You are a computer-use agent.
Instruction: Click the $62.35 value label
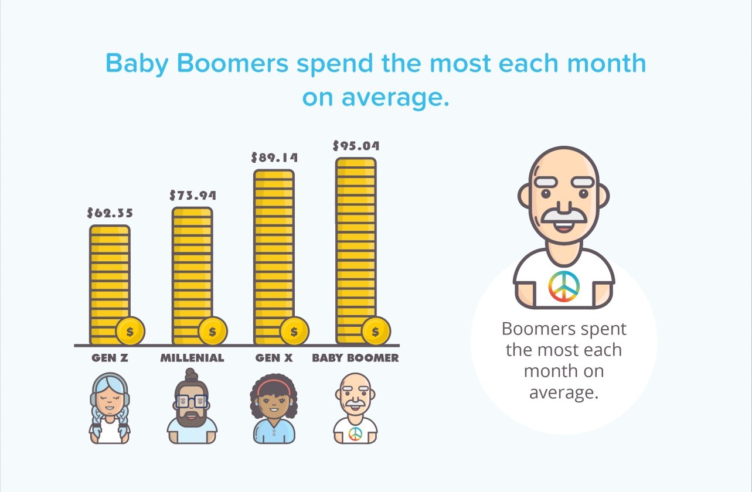110,213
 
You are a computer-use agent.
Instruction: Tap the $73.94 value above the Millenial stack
193,195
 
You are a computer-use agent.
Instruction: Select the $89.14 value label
274,158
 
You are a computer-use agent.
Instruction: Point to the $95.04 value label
356,146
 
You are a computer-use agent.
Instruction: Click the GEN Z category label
110,358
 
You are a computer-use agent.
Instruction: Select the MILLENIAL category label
192,358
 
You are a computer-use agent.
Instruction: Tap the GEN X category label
274,358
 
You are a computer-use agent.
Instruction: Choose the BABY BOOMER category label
356,358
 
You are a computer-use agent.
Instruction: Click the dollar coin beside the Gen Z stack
130,332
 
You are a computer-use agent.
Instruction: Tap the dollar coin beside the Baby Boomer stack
376,332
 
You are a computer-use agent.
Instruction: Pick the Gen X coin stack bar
274,257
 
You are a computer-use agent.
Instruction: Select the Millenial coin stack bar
192,276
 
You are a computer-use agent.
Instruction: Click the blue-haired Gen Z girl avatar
110,408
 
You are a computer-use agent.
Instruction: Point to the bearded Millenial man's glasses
192,401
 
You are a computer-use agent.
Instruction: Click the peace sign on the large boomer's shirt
564,286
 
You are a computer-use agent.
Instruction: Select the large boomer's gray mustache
564,216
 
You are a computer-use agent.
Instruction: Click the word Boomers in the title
232,63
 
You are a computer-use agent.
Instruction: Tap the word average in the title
396,98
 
